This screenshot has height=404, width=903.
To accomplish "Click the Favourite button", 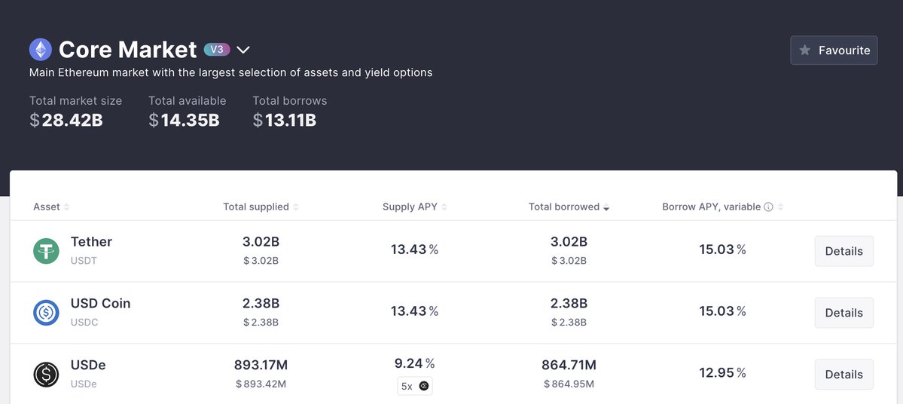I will tap(834, 50).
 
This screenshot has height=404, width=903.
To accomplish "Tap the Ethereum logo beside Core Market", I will tap(41, 50).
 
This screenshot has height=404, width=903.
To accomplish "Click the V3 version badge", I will tap(216, 50).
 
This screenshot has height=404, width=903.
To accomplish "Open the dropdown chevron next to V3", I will tap(243, 50).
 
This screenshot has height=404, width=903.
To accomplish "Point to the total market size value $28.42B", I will tap(66, 120).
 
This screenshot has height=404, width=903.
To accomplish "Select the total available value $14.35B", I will tap(184, 120).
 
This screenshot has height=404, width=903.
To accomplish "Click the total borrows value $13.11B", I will tap(285, 120).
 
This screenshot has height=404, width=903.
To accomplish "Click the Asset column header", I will tap(47, 207).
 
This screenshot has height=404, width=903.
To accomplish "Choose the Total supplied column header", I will tap(256, 207).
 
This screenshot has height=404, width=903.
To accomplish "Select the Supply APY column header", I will tap(410, 207).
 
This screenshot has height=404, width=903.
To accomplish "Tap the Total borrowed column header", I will tap(564, 207).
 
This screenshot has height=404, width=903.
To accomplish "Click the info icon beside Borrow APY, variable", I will tap(768, 207).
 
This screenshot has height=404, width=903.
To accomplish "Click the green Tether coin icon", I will tap(46, 251).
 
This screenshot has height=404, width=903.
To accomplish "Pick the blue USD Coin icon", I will tap(46, 313).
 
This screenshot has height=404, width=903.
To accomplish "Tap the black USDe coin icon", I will tap(46, 375).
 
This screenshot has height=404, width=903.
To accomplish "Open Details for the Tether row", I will tap(844, 251).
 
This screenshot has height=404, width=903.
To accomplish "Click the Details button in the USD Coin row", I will tap(844, 313).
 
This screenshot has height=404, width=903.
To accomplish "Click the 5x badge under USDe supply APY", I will tap(415, 387).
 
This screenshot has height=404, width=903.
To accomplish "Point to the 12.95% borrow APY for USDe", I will tap(722, 373).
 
